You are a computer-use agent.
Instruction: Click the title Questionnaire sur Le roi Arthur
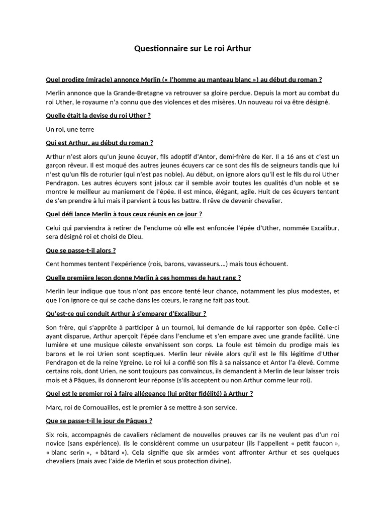pos(192,49)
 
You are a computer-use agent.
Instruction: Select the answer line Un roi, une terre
pos(70,129)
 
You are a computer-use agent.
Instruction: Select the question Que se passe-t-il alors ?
pos(80,250)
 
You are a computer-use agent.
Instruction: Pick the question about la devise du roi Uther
pos(98,116)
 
